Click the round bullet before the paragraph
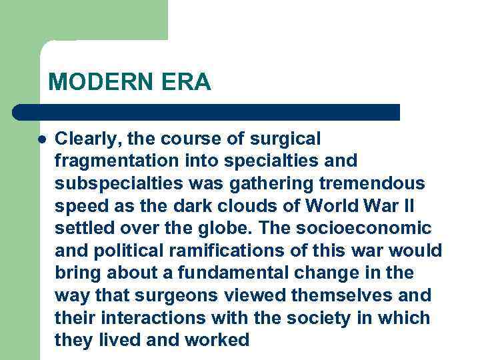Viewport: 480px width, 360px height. (x=42, y=140)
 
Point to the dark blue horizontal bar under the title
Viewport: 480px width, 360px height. (x=207, y=112)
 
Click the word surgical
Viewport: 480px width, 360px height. (x=285, y=139)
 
